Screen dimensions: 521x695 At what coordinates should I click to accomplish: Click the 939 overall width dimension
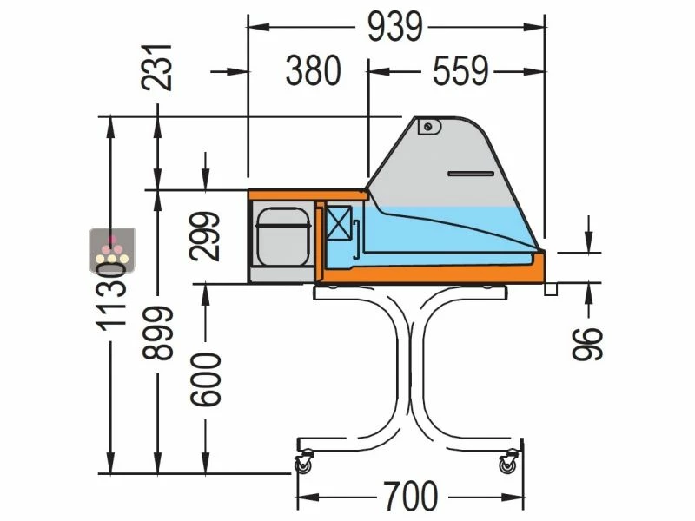tap(394, 27)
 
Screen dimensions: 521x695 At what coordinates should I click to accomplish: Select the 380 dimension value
tap(313, 72)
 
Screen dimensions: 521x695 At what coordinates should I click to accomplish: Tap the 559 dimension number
tap(460, 72)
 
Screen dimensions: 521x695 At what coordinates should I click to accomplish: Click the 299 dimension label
tap(205, 237)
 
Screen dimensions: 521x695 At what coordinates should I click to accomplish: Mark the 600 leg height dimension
tap(205, 379)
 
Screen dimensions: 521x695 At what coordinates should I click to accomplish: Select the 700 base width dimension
tap(408, 497)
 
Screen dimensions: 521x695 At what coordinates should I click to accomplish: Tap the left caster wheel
tap(303, 466)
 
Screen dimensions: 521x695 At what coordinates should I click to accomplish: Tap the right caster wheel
tap(506, 466)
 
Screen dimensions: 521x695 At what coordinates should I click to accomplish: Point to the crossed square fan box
tap(340, 224)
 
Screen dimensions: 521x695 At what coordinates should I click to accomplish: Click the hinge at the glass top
tap(427, 127)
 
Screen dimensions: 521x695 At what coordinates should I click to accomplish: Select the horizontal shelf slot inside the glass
tap(470, 175)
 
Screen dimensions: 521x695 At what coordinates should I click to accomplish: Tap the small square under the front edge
tap(550, 290)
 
